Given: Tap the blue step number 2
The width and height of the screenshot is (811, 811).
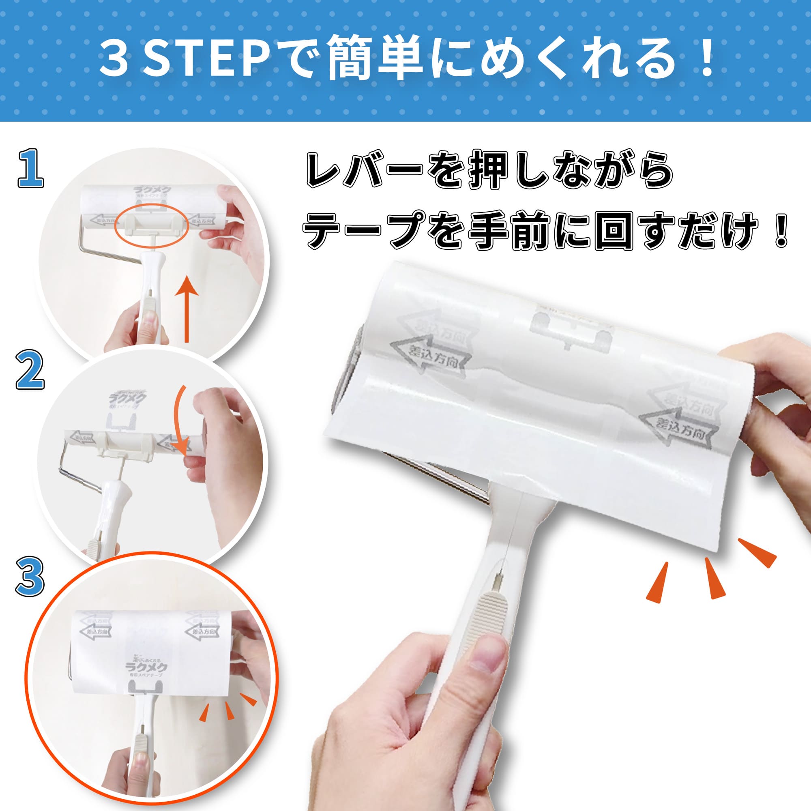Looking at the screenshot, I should [30, 370].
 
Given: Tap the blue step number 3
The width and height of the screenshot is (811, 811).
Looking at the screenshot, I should [30, 576].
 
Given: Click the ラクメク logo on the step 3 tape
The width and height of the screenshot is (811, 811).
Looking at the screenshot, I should [146, 666].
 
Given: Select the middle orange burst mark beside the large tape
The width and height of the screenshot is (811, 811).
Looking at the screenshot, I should [714, 577].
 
